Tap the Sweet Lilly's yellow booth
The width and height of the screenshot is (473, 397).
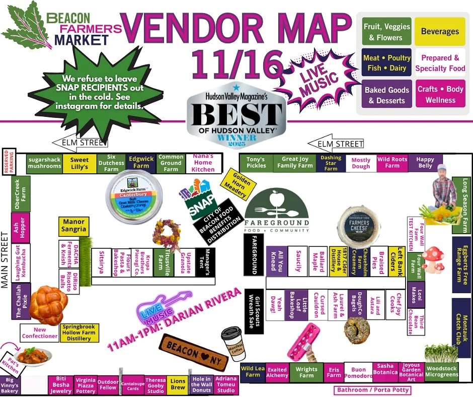tap(80, 163)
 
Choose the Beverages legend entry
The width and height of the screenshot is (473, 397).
tap(440, 32)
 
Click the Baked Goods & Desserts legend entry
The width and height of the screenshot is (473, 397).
tap(386, 95)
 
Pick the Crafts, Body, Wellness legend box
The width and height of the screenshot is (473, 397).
tap(440, 94)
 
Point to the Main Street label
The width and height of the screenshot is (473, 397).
tap(6, 260)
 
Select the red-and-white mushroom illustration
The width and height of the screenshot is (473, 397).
tap(433, 259)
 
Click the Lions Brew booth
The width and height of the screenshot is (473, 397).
tap(178, 384)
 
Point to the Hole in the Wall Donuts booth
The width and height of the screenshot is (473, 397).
tap(201, 384)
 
